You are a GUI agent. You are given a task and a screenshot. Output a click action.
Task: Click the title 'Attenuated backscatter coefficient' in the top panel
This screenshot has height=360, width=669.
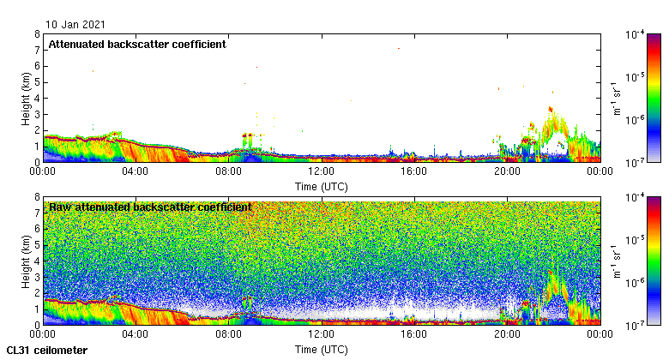137,44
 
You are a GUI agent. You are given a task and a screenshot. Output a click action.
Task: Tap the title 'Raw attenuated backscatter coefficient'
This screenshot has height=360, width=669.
150,207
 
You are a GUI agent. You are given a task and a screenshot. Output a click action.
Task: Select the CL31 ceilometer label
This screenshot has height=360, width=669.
47,350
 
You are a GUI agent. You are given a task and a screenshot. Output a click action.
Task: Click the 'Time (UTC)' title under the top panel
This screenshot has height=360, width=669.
322,186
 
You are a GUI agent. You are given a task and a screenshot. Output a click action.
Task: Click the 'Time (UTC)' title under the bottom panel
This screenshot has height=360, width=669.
322,349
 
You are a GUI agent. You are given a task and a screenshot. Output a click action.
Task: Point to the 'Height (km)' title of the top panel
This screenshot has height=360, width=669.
26,98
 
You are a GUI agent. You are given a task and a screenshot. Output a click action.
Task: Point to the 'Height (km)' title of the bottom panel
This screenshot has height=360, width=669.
26,261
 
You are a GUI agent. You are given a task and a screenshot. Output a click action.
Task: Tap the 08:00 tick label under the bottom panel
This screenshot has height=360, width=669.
229,334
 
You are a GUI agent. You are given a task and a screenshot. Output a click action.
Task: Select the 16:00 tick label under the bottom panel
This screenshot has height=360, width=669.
414,334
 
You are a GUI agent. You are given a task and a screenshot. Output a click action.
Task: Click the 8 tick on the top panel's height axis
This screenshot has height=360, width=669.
38,35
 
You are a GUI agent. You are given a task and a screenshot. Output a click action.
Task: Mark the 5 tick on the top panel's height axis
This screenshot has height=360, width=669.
38,82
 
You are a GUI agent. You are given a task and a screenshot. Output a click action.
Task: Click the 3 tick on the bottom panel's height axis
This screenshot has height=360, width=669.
38,277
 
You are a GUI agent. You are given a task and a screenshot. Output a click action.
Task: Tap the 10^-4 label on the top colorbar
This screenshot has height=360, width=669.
636,35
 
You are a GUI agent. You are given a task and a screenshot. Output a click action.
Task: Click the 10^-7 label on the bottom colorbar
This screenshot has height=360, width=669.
636,325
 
